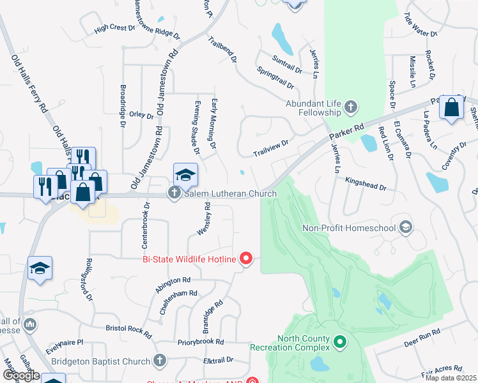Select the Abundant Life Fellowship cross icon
click(350, 107)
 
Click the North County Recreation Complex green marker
click(340, 343)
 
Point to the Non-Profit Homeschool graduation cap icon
click(405, 227)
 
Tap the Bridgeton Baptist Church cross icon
click(160, 361)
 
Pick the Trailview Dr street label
click(270, 149)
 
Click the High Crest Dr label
click(115, 28)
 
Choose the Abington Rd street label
click(173, 284)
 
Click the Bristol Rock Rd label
click(129, 331)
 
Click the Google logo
click(20, 375)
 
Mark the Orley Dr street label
click(141, 116)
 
